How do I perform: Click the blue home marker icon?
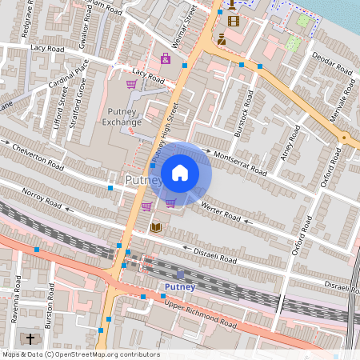coord(180,172)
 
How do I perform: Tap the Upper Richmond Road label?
coord(201,314)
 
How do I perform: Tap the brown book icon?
coord(156,228)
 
